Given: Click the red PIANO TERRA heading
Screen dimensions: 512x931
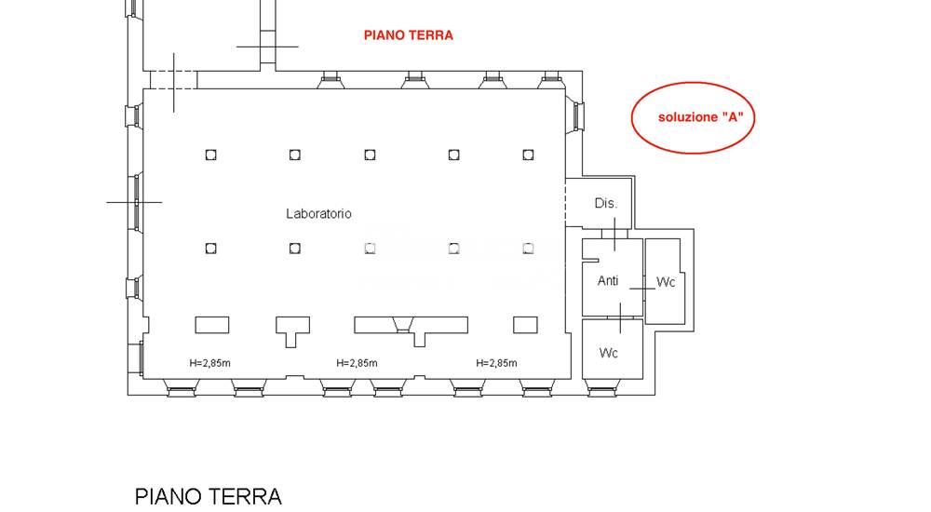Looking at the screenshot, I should click(408, 35).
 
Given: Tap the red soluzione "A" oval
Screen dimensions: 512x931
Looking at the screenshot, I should click(692, 118).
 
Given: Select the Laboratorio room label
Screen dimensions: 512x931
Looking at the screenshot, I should click(318, 214).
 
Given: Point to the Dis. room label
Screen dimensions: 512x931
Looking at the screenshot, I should click(606, 203).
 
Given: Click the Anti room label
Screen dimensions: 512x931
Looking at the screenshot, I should click(608, 280).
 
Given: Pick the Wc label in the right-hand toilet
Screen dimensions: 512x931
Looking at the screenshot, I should click(666, 282).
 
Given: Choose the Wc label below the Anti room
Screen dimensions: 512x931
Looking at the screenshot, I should click(609, 353).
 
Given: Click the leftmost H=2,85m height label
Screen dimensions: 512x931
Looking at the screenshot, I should click(209, 363).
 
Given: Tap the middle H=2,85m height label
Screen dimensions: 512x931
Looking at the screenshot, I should click(357, 363).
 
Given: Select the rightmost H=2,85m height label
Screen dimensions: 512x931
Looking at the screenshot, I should click(496, 363).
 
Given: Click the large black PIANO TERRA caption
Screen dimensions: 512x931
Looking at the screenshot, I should click(208, 496).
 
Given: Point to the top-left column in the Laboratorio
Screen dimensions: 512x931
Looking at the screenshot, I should click(211, 155).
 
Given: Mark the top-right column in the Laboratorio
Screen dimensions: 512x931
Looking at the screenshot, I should click(528, 155).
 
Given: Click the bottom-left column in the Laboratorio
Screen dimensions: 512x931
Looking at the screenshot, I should click(211, 248).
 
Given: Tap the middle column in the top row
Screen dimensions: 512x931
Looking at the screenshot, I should click(370, 155).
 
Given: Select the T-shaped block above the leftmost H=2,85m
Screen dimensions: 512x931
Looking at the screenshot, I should click(292, 330).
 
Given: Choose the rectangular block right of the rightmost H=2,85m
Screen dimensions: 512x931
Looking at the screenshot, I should click(525, 325).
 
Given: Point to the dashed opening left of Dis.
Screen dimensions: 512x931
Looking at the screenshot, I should click(566, 201).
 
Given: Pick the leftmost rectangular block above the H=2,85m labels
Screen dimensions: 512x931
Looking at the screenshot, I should click(211, 325).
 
